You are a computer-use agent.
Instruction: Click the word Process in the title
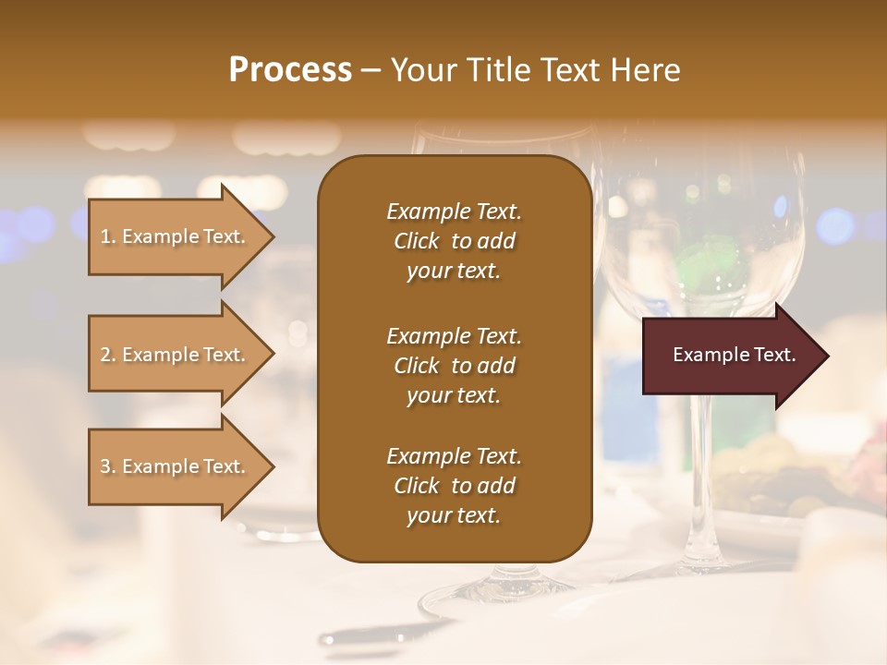[290, 70]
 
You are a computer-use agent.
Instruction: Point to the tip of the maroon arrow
[827, 356]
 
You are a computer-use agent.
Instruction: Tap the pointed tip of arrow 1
[273, 236]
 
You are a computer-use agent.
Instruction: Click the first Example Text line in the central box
[454, 212]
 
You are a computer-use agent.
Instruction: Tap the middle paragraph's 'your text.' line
[454, 395]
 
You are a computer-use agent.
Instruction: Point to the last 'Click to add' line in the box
[454, 486]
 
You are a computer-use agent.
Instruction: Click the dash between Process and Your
[371, 70]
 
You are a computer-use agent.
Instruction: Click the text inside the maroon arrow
[734, 355]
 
